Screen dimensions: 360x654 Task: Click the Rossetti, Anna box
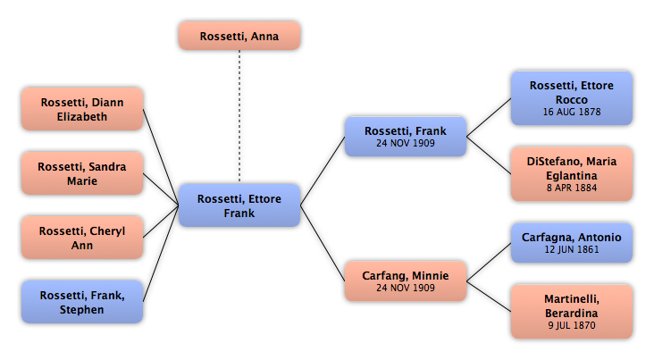point(239,36)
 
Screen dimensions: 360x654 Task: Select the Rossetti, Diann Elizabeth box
point(82,109)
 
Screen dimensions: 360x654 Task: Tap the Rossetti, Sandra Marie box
point(82,173)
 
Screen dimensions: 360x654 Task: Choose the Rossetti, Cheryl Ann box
point(82,238)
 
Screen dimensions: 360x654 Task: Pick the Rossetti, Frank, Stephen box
point(82,302)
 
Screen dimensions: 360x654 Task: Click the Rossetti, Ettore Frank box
point(239,205)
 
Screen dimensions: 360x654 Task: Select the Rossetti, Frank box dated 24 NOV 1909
point(405,137)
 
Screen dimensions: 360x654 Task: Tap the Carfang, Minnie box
point(405,281)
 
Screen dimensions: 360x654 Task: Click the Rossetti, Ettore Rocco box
point(571,97)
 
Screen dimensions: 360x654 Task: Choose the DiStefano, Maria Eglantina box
point(571,174)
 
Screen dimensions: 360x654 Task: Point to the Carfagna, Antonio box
point(571,243)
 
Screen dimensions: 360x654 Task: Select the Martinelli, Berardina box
point(571,311)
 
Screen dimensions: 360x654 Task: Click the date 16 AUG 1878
point(572,113)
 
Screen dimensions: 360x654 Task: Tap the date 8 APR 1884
point(572,189)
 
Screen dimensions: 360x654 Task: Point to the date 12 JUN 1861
point(572,249)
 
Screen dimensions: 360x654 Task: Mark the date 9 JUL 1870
point(572,326)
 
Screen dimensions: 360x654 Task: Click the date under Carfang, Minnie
point(405,289)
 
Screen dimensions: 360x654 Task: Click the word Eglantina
point(572,175)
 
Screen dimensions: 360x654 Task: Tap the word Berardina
point(572,313)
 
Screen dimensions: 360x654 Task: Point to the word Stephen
point(82,310)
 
